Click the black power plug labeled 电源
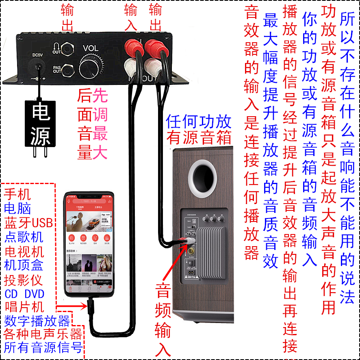41,124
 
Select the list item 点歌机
24,237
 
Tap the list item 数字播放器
37,321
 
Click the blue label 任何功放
199,121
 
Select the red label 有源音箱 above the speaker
199,138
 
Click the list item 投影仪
24,280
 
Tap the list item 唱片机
24,307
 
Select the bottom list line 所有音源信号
43,348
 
